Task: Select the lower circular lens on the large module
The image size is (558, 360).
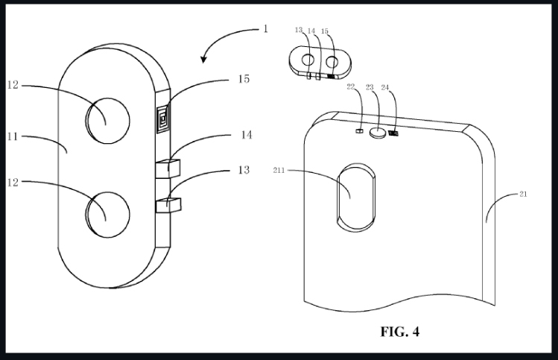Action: point(107,212)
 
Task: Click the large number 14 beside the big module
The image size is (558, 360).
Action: point(244,136)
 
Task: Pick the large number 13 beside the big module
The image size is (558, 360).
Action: point(244,171)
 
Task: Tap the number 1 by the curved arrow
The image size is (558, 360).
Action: point(264,29)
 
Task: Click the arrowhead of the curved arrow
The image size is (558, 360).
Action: point(205,60)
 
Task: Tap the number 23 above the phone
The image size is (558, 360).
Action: point(370,87)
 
